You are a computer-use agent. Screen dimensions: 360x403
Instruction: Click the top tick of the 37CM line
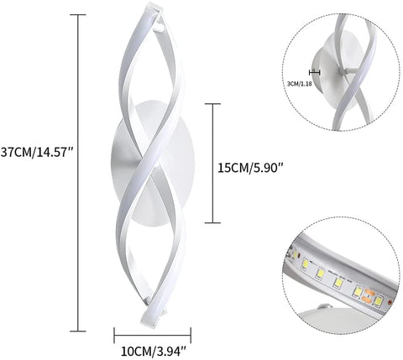pos(81,14)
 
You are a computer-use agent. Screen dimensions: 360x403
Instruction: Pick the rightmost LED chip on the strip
pos(379,300)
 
